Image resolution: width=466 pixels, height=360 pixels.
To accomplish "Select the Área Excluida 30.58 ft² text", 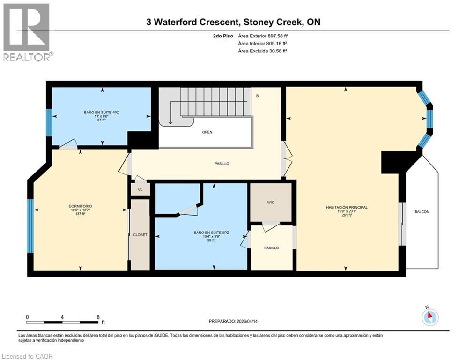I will (262, 50).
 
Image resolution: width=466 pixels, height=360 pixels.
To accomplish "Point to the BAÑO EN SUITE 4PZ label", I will (100, 112).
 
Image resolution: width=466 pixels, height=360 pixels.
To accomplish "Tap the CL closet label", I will (140, 189).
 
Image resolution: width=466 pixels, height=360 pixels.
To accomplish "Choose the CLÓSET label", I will (140, 235).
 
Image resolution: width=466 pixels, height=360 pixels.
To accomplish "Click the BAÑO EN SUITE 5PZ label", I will (201, 233).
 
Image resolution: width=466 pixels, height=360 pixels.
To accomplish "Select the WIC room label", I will (271, 202).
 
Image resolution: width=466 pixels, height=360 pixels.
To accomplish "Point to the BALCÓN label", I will (422, 212).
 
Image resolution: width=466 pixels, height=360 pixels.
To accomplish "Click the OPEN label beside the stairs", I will (207, 132).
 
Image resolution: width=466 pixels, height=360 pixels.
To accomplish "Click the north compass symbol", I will (429, 317).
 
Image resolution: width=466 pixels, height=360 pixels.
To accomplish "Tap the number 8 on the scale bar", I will (98, 317).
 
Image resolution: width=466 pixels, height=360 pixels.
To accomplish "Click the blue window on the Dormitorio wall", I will (30, 225).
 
